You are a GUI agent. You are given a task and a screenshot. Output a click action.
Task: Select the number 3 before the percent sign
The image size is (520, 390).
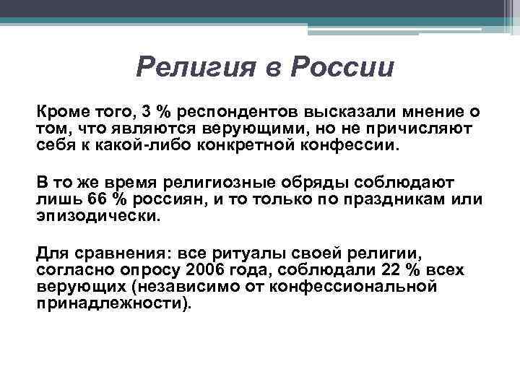tap(147, 113)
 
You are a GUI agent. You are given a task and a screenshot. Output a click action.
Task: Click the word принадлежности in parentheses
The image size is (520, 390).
tap(110, 302)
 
